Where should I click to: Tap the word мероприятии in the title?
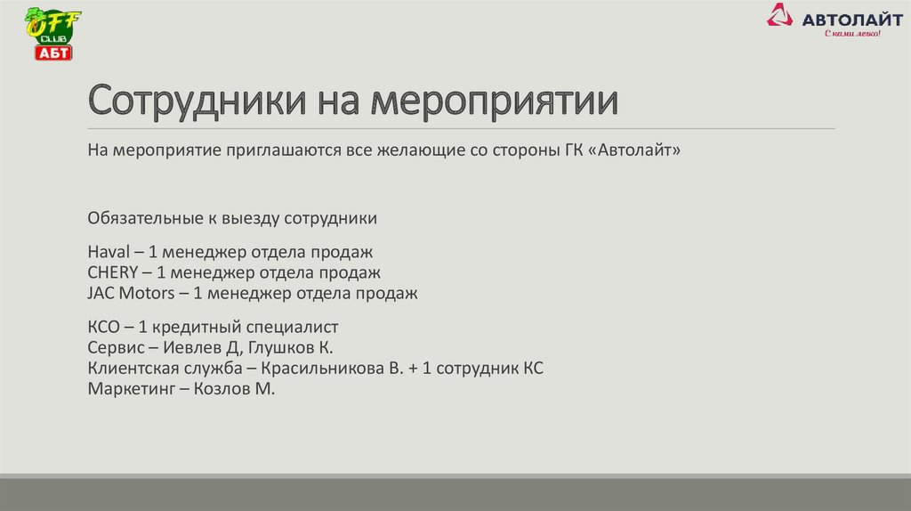[x=494, y=101]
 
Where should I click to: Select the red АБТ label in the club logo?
[x=52, y=53]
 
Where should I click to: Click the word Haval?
[x=108, y=252]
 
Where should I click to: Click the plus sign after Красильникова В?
[x=414, y=368]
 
